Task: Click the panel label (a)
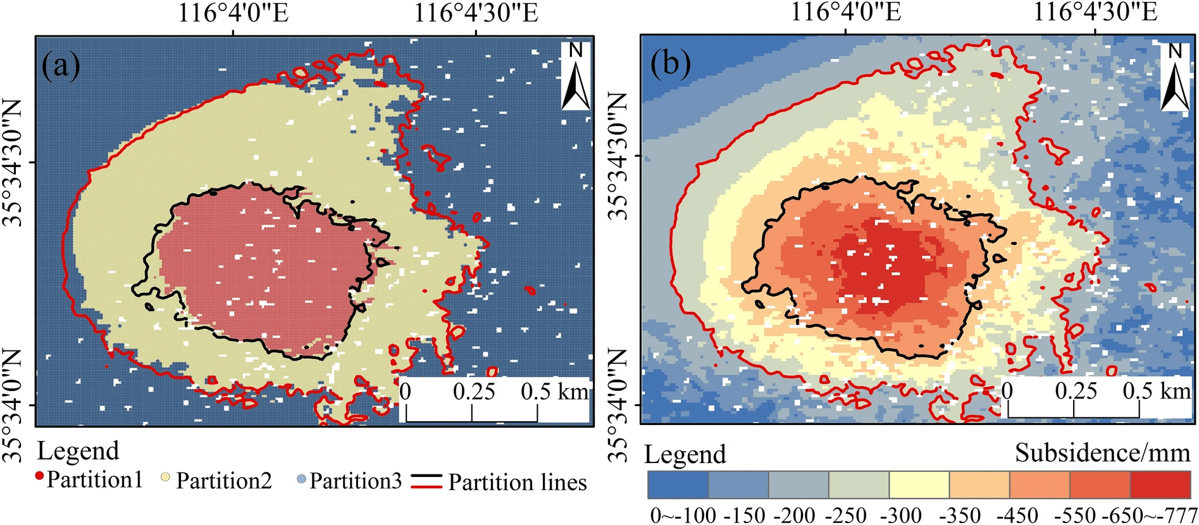61,65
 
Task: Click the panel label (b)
671,64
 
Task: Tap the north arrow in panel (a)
576,77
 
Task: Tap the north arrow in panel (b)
1175,77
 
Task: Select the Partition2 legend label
224,481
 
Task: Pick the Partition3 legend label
356,481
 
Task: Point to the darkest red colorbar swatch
1160,485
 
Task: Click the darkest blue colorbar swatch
678,485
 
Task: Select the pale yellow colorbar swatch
919,485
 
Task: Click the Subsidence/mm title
1103,453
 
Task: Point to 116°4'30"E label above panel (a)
476,13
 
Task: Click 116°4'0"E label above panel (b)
845,12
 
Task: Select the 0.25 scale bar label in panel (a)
473,392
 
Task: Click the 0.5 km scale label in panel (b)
1156,391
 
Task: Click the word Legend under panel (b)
685,455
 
